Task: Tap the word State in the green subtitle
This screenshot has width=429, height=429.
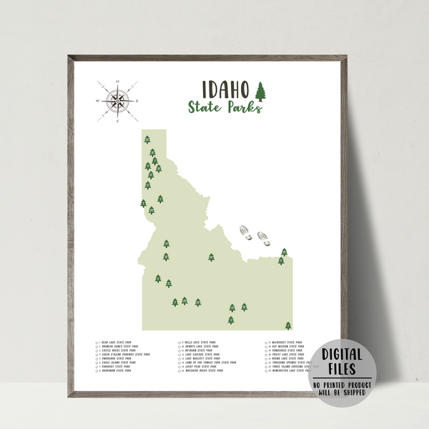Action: click(x=205, y=108)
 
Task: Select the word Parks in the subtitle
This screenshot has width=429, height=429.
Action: click(x=243, y=108)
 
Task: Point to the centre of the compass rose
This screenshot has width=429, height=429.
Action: click(x=117, y=100)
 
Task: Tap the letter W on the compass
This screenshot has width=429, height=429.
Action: click(x=98, y=101)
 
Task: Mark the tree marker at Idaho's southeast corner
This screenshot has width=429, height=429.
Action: click(x=288, y=325)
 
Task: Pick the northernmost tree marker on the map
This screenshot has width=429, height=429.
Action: click(x=147, y=139)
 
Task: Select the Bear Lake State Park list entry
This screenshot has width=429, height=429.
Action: click(x=119, y=343)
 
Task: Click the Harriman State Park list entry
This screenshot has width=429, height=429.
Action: click(x=118, y=371)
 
